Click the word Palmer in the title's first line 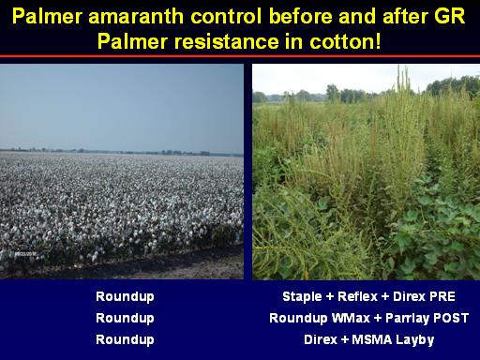tap(47, 16)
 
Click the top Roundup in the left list tap(125, 297)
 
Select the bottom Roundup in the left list tap(125, 340)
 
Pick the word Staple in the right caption tap(302, 297)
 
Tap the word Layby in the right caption tap(414, 340)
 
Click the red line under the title tap(240, 56)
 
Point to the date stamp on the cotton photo tap(25, 254)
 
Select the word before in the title tap(300, 16)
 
